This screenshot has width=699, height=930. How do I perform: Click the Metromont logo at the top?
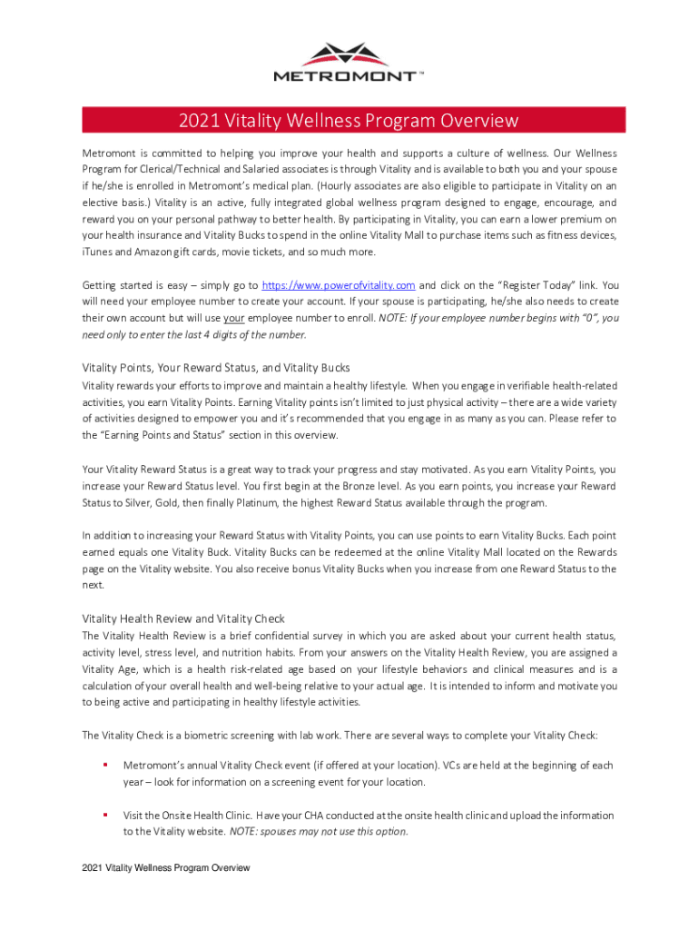(349, 61)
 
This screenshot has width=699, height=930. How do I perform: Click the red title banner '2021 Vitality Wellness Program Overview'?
(349, 120)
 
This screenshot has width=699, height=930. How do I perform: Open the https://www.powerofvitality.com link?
(338, 285)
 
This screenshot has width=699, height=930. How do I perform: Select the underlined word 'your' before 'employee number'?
(234, 318)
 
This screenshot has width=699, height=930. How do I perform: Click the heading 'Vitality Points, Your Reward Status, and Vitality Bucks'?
(216, 368)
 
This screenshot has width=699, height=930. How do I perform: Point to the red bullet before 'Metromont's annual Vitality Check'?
(105, 766)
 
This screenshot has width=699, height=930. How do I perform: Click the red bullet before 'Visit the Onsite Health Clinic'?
(105, 815)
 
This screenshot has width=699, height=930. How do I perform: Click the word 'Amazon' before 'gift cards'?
(143, 252)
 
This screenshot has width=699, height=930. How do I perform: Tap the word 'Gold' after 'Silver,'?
(180, 503)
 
